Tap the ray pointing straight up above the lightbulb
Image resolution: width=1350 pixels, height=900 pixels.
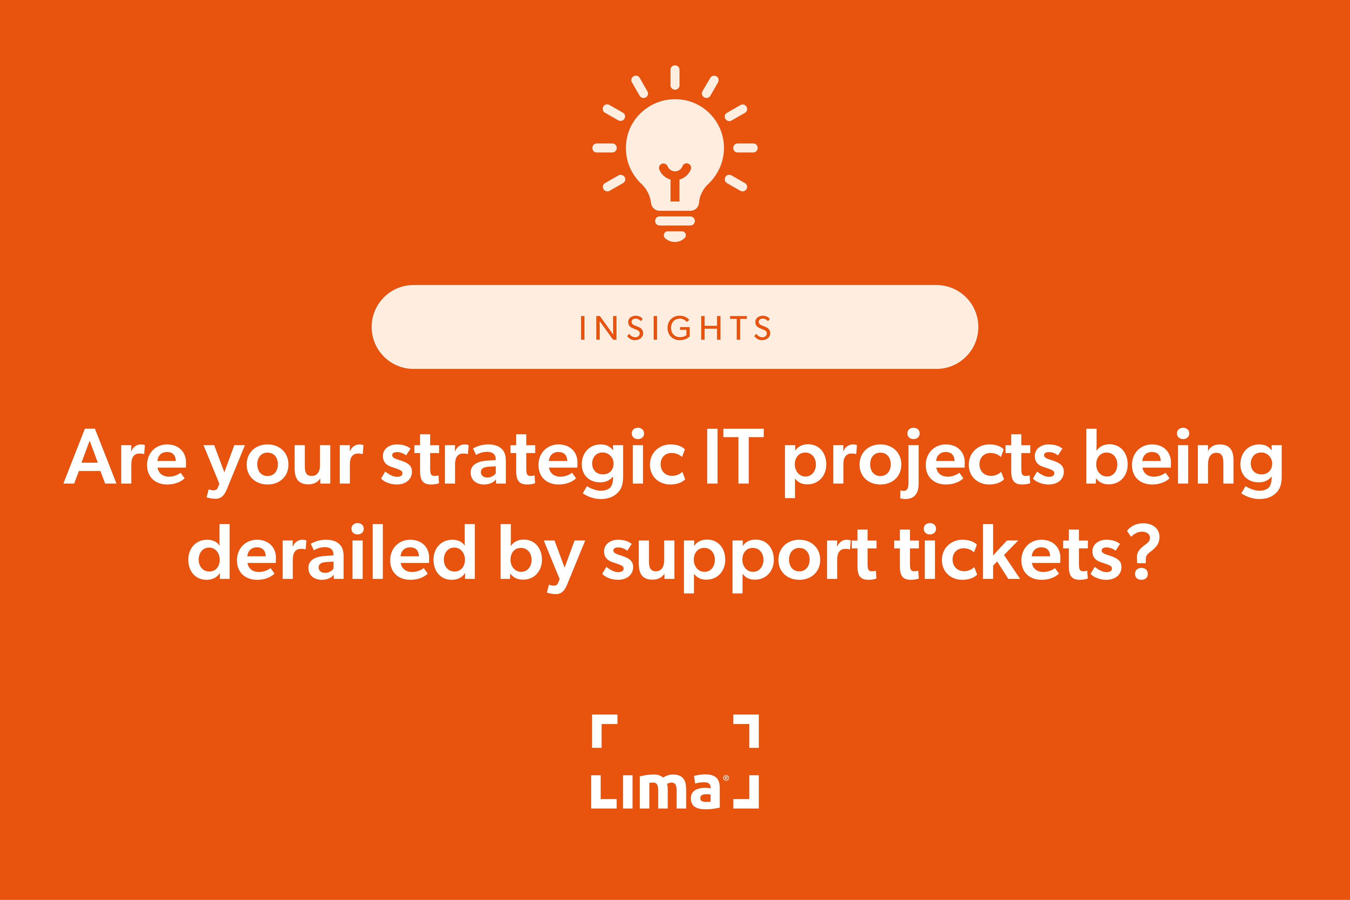675,77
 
